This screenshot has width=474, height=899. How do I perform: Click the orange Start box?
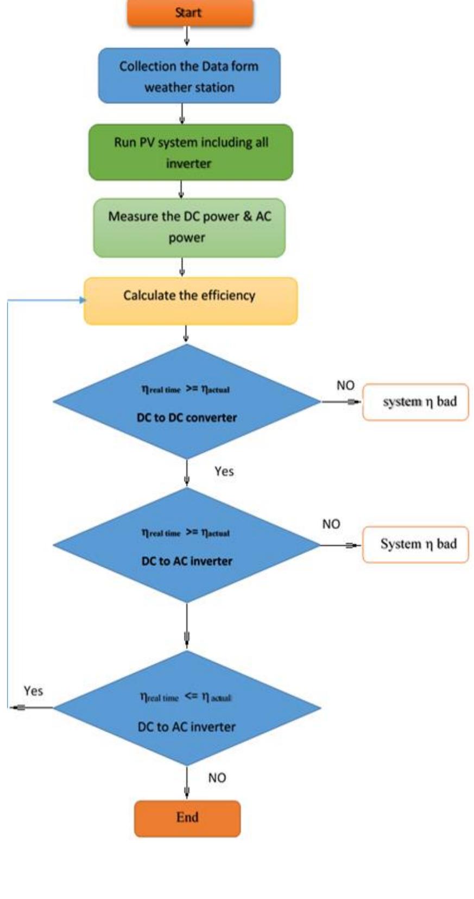[x=189, y=12]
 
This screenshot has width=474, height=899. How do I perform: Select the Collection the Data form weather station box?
[x=189, y=76]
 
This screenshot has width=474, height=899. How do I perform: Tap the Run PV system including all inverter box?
[x=190, y=153]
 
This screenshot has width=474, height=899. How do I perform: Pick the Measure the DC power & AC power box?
[x=189, y=227]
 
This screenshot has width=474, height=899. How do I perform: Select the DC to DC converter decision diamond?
[x=187, y=402]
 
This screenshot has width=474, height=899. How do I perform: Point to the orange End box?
[x=187, y=818]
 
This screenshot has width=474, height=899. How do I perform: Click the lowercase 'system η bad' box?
[x=415, y=402]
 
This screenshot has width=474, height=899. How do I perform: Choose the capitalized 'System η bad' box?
[x=415, y=544]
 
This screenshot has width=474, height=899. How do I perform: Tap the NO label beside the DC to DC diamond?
[x=345, y=385]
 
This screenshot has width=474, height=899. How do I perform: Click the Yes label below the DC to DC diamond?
[x=224, y=471]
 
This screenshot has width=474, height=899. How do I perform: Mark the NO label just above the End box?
[x=217, y=778]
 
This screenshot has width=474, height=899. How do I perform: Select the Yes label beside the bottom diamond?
[x=33, y=691]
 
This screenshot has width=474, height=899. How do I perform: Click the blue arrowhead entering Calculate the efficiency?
[x=82, y=300]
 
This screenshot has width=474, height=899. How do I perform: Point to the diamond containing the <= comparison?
[x=187, y=708]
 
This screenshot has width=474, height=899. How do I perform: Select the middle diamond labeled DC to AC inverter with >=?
[x=187, y=545]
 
